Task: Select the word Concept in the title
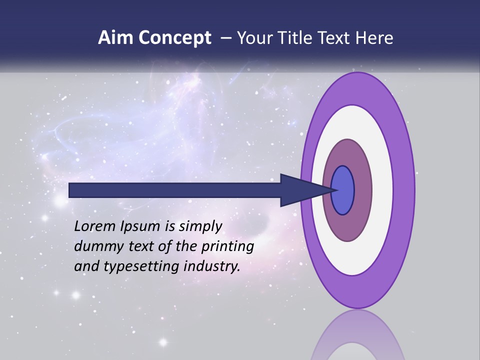click(x=175, y=38)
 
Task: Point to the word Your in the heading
click(x=254, y=38)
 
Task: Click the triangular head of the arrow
click(x=300, y=190)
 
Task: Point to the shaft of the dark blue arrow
click(x=175, y=190)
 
